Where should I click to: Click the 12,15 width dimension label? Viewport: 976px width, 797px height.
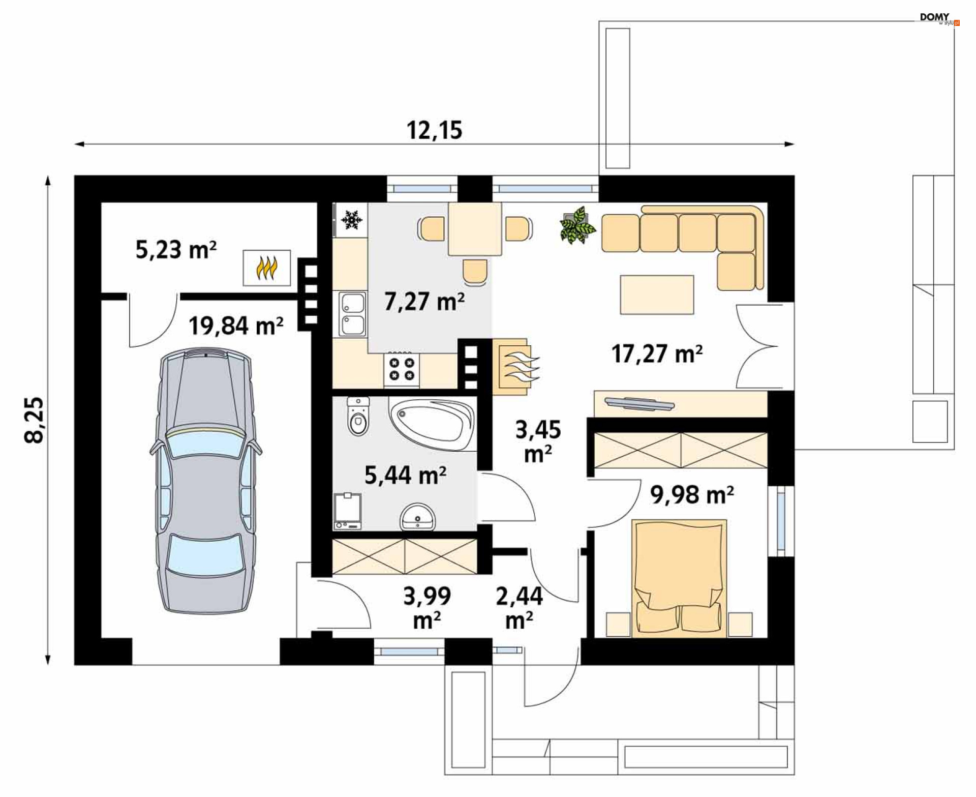434,130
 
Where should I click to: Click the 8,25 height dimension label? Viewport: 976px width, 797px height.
35,420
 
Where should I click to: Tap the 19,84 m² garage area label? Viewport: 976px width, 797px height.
236,326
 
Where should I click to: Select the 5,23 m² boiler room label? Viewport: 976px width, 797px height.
176,249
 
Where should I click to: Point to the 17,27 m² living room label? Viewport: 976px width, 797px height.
657,354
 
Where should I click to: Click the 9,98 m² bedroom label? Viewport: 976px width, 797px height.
692,494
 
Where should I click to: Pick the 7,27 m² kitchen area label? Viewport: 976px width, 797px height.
424,301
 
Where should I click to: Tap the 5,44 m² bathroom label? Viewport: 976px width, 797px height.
405,476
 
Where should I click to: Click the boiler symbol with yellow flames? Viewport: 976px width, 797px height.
267,268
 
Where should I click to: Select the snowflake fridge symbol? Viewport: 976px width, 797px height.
351,220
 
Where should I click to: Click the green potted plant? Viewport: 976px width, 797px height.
577,225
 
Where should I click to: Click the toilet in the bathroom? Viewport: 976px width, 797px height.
358,417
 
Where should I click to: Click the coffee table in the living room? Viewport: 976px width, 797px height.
657,295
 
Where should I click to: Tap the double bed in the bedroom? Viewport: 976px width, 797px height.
679,578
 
